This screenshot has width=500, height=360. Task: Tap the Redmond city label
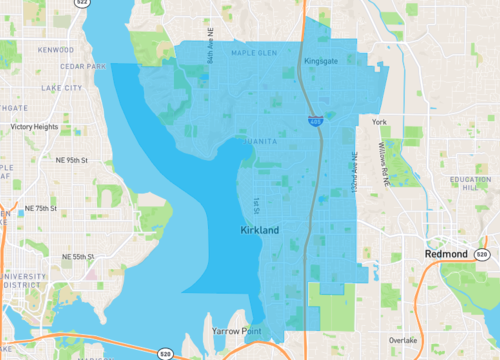444,255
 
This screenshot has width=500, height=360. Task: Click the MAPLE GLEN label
254,53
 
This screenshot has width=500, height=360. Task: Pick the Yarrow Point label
234,329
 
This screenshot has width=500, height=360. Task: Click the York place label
379,122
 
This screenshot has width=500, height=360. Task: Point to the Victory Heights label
35,127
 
